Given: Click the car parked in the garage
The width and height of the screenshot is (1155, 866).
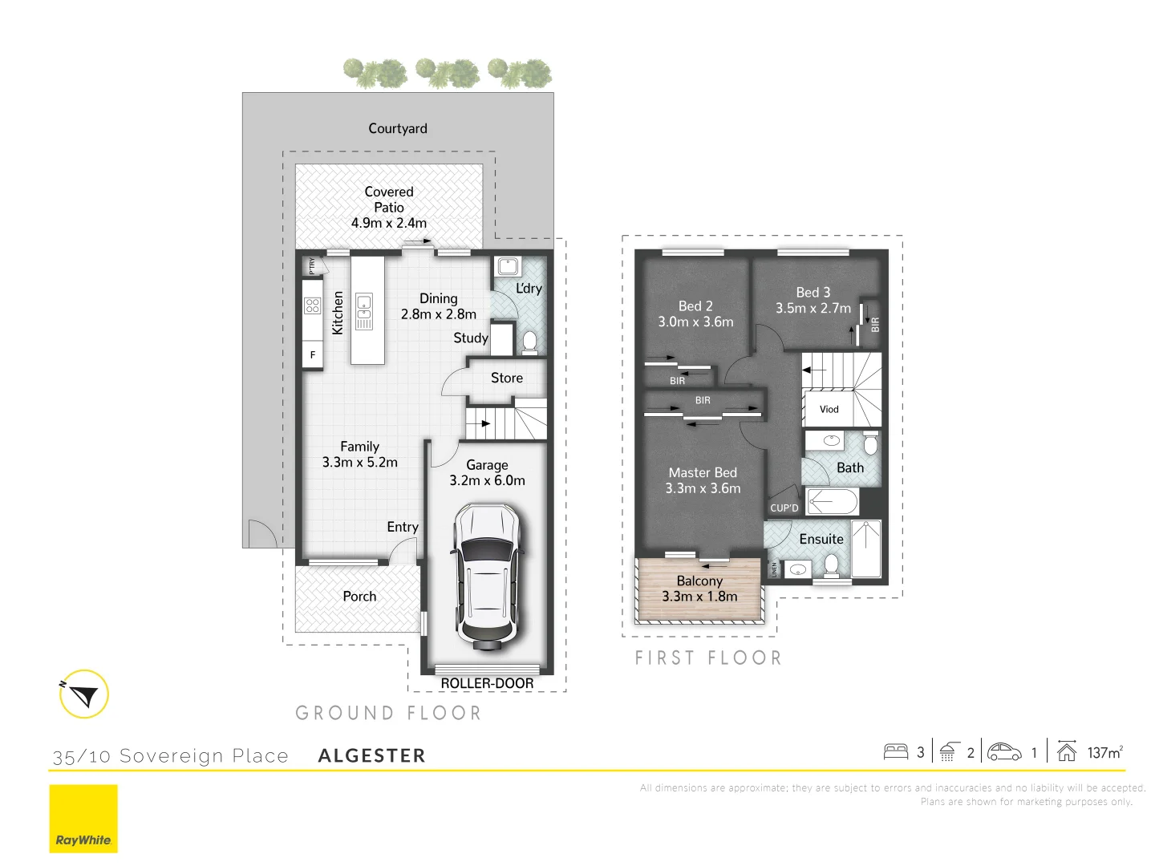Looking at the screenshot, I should [487, 576].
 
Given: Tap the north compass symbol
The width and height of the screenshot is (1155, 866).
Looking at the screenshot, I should [83, 694].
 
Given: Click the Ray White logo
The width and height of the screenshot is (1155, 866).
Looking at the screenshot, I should [83, 819].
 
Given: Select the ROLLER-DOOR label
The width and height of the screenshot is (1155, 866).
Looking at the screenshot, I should [487, 683].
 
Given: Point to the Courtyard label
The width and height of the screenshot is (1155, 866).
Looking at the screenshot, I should [398, 128].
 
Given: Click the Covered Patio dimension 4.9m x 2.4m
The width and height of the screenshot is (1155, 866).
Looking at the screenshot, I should [389, 223].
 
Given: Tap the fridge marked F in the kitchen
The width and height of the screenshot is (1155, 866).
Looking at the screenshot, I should [313, 354].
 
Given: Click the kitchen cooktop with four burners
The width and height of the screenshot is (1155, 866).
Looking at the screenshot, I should [313, 306].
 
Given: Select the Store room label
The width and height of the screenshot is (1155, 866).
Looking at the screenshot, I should [507, 378].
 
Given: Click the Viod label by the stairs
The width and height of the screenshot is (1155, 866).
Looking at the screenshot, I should [829, 409].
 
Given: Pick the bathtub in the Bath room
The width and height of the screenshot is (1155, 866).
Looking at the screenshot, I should [833, 503].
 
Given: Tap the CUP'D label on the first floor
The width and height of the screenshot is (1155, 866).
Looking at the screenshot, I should [784, 508].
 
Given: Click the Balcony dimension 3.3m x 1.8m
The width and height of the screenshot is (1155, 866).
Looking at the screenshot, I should [699, 597].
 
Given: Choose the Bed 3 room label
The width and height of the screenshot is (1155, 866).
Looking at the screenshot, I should [813, 293].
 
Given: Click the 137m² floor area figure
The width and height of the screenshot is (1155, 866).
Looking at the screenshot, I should [1104, 752].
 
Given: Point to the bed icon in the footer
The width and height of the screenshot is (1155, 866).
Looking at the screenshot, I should [896, 752].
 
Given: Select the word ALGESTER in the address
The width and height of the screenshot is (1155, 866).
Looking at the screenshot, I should [372, 755].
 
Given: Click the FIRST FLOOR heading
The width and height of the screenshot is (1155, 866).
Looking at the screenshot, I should [708, 658].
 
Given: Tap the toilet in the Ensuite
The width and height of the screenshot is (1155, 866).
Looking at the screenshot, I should [832, 566].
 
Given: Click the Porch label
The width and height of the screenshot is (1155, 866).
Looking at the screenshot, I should [359, 597].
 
